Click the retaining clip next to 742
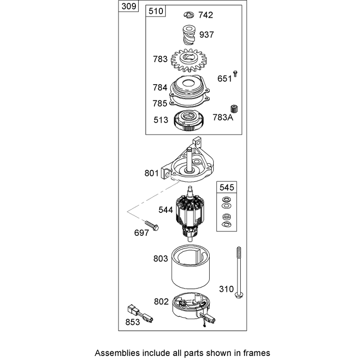pos(189,15)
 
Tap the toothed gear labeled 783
pos(189,60)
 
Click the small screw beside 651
pos(235,74)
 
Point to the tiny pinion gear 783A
pos(234,109)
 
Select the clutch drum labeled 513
pos(189,120)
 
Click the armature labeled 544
pos(190,213)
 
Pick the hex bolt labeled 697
pos(152,225)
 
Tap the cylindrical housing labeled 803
pos(190,266)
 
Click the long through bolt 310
pos(239,273)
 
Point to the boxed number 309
pos(129,6)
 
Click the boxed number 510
pos(156,11)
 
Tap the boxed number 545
pos(227,187)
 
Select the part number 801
pos(152,173)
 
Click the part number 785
pos(160,103)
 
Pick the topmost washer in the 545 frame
pos(226,199)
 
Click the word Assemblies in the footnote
pos(117,352)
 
